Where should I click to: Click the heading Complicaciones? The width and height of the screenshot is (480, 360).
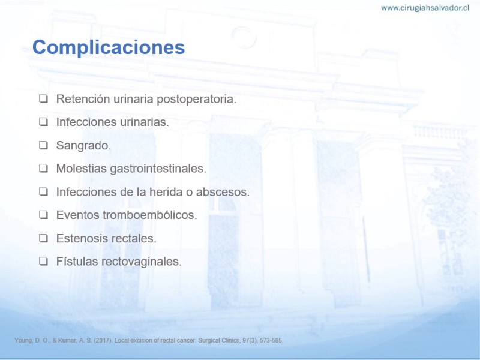[109, 47]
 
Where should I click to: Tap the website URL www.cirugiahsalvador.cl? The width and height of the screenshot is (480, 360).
[425, 8]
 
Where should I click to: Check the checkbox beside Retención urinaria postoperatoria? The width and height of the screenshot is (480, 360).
[43, 98]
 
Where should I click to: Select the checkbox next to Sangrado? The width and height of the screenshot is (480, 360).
[43, 145]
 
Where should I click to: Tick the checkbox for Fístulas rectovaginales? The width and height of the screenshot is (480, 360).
[43, 261]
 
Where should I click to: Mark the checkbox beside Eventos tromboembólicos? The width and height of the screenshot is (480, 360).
[43, 215]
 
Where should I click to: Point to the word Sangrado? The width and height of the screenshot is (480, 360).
[83, 146]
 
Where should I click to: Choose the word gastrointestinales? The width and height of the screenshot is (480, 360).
[158, 169]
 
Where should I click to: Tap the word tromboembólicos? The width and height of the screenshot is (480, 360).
[149, 215]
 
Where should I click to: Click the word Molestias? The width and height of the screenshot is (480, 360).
[82, 169]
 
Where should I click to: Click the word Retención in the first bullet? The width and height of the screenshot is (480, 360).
[83, 99]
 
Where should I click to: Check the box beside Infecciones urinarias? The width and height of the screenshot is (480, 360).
[43, 122]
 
